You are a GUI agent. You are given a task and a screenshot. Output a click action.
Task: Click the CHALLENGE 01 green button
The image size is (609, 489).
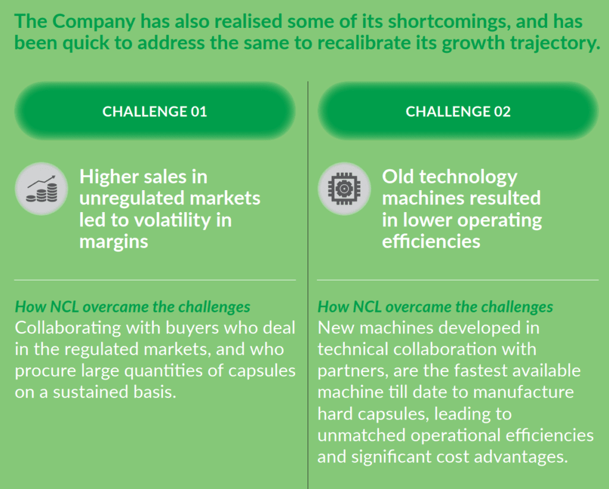155,111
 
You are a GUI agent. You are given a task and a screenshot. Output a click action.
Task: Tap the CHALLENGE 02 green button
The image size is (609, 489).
458,111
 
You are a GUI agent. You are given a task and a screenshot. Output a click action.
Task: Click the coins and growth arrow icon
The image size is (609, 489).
42,188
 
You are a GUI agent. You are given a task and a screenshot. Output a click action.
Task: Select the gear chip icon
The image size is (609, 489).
344,188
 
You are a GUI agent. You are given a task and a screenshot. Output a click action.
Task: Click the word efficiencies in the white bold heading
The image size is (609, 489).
431,241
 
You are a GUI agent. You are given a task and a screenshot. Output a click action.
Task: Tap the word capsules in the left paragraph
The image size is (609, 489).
262,371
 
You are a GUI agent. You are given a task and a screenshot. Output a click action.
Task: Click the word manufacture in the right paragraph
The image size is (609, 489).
523,392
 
